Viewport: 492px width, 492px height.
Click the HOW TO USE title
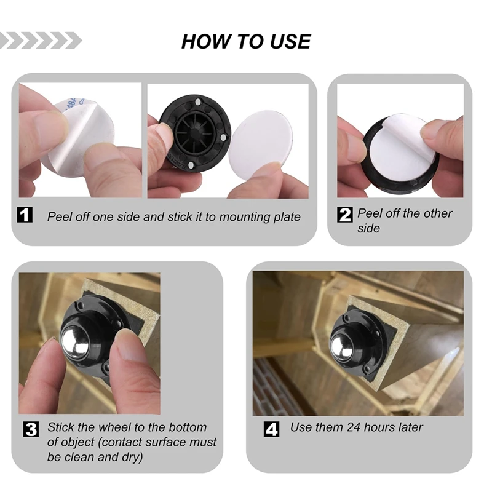click(246, 41)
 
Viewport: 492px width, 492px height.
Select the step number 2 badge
click(346, 215)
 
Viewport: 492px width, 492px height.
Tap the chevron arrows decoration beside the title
click(41, 41)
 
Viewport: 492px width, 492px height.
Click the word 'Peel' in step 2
click(371, 213)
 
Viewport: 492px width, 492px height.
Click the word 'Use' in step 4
click(301, 427)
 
